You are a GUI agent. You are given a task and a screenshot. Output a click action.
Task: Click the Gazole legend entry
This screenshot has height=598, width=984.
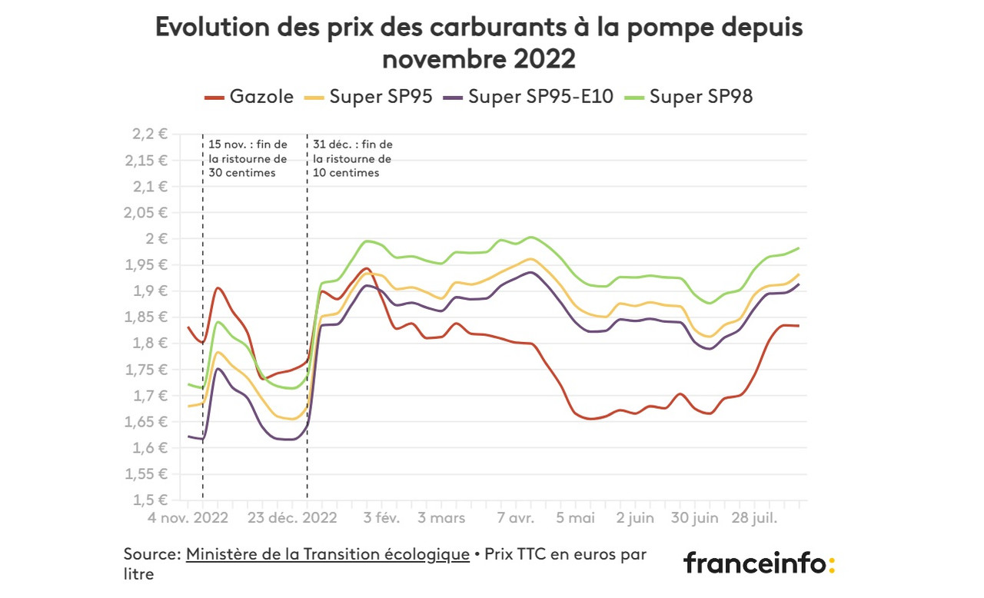(250, 97)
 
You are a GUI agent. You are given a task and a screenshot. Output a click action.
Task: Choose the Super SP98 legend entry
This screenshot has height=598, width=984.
(690, 97)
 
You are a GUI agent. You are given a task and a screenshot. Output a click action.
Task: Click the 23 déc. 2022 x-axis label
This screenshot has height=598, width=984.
(293, 518)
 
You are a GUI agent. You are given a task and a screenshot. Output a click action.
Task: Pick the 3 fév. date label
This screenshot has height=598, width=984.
(381, 518)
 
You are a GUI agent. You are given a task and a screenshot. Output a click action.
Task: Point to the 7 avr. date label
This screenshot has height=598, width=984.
(515, 518)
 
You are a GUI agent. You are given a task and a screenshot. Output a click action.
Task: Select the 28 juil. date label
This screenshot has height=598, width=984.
(753, 518)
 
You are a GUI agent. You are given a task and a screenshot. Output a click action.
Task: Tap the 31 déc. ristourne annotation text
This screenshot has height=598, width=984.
(352, 158)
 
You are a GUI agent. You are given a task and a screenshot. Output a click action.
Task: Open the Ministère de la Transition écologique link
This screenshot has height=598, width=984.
(327, 554)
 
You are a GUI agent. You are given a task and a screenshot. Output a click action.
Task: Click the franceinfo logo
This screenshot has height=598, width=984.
(758, 563)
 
